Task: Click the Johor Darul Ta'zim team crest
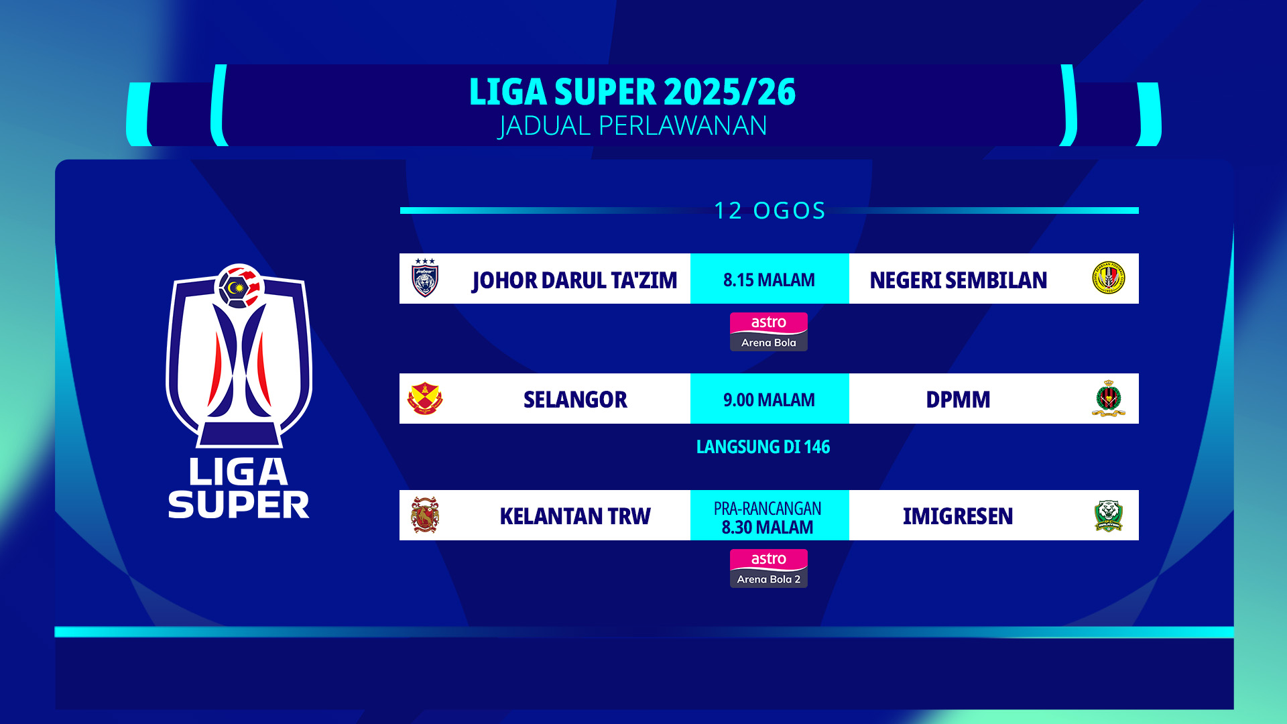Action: coord(425,278)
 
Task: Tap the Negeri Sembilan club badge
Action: coord(1108,278)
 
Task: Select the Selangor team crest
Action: coord(425,399)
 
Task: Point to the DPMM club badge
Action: coord(1108,399)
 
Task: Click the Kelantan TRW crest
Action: coord(425,515)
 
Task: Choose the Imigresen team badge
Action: coord(1108,516)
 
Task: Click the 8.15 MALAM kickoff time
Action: coord(769,280)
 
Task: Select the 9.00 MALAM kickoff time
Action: coord(769,400)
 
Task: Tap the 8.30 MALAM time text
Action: coord(768,528)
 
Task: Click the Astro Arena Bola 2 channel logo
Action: coord(769,568)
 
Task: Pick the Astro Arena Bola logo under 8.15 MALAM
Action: coord(769,332)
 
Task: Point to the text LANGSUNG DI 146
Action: coord(763,447)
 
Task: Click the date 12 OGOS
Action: coord(770,210)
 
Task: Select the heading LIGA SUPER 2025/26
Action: coord(632,92)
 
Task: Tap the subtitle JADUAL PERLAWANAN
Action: coord(632,126)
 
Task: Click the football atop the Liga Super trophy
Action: coord(239,286)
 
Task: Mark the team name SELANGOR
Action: coord(575,400)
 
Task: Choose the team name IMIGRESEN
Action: coord(958,517)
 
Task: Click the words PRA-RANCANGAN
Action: coord(768,509)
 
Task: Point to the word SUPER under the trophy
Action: coord(239,505)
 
